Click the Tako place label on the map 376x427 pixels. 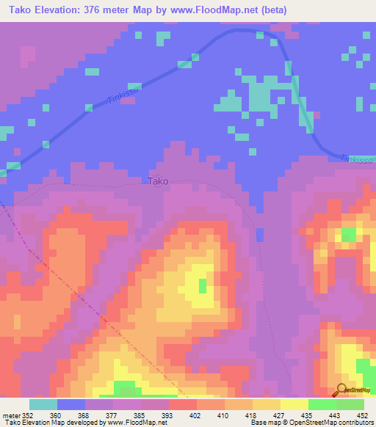tap(158, 180)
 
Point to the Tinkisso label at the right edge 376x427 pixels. tap(358, 158)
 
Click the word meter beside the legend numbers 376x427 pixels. tap(12, 414)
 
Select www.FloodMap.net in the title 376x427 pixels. tap(222, 10)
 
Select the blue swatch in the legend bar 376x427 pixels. tap(70, 404)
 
